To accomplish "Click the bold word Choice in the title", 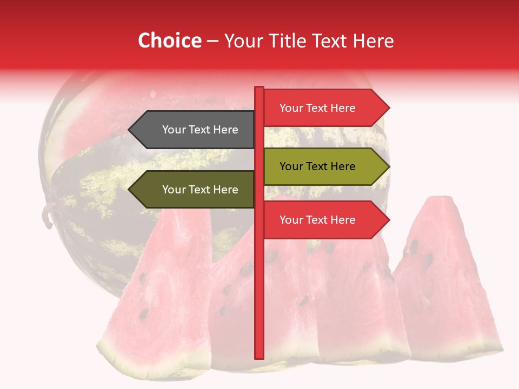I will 169,41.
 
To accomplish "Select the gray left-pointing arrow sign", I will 195,130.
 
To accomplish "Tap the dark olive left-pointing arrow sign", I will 195,190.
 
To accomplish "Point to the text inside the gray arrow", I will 200,130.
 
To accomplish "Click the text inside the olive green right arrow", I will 317,166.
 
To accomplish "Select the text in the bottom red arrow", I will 317,220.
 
